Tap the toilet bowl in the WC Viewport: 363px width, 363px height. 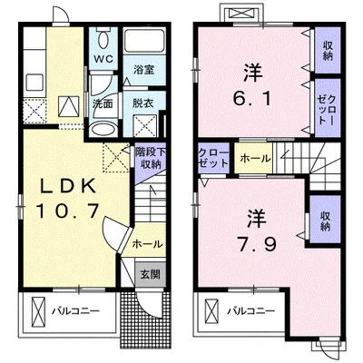click(103, 39)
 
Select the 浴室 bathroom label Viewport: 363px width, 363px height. click(144, 70)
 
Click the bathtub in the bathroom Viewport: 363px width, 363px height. click(145, 42)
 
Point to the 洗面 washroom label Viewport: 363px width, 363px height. click(103, 104)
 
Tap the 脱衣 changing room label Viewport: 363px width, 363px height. click(142, 103)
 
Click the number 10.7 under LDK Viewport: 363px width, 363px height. click(68, 210)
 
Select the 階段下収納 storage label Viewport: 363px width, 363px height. click(150, 158)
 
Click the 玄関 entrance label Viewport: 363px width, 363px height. click(150, 274)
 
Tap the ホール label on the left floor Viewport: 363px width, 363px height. click(147, 243)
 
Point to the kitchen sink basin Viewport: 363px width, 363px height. click(34, 83)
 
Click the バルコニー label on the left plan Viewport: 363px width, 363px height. click(75, 311)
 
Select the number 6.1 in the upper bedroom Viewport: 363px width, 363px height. click(251, 98)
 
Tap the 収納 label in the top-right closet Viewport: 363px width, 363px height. click(328, 51)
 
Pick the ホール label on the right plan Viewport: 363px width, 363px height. click(256, 158)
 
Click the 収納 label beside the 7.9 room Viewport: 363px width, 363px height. click(326, 221)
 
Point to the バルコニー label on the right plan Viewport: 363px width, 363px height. click(251, 310)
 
